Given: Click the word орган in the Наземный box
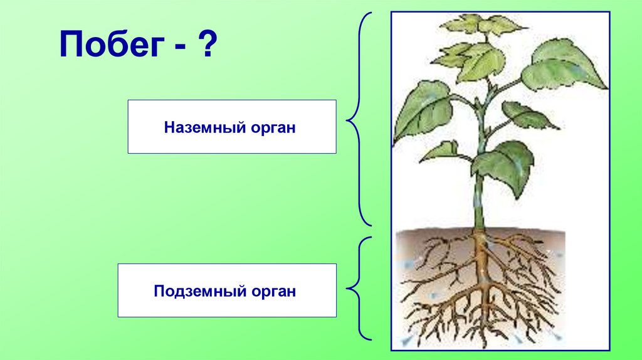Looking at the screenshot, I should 273,127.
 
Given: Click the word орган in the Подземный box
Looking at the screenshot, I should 273,291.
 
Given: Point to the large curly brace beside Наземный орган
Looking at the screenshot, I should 359,119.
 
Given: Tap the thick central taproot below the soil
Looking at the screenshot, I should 483,263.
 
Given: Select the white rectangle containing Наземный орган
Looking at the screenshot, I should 232,127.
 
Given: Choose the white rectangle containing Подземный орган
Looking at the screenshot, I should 227,290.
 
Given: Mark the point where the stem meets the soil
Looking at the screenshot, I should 480,230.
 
